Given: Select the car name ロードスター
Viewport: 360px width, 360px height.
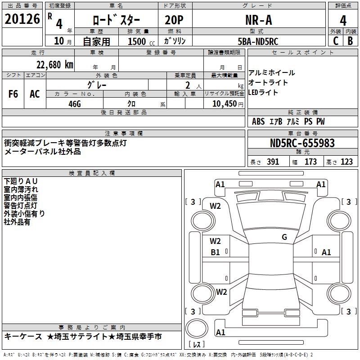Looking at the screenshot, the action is coord(116,20).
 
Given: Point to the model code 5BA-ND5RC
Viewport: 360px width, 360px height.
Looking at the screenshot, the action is coord(258,41).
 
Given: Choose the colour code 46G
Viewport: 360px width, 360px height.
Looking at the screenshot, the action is coord(74,103).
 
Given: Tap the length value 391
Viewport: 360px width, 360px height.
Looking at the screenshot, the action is coord(273,162).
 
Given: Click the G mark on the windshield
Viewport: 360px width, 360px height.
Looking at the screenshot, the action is coord(284,237).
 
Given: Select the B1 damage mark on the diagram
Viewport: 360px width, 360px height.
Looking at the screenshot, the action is coord(216,252).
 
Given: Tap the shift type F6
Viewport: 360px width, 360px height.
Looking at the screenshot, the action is coord(13,94).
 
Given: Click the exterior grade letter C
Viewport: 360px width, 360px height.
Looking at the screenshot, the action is coord(335,41).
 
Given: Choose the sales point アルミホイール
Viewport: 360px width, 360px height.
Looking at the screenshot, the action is coord(272,73).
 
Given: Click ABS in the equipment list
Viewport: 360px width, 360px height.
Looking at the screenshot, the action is coord(258,121).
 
